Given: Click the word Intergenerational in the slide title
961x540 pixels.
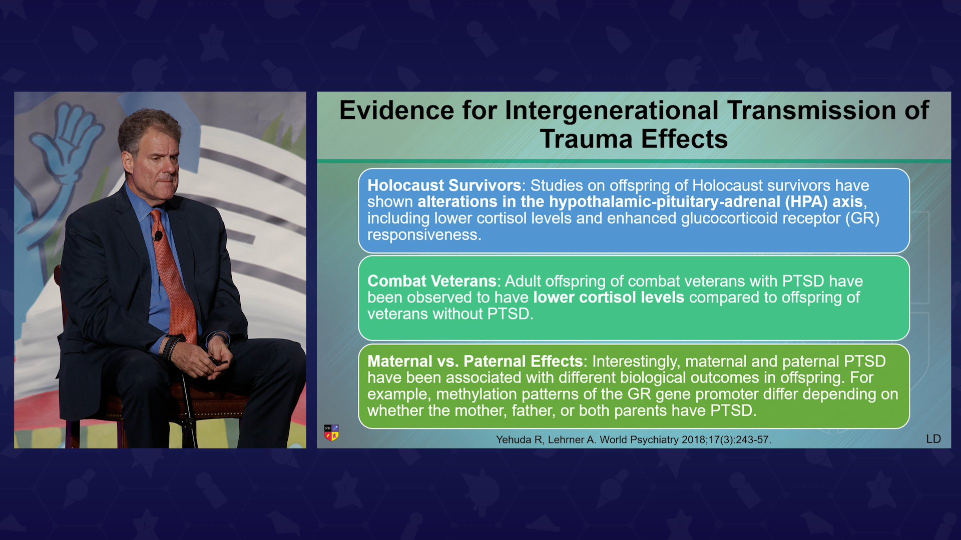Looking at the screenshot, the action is coord(612,110).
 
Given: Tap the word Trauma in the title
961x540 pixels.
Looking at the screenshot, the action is coord(586,139).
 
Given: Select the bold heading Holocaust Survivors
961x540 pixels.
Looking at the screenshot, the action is coord(444,185).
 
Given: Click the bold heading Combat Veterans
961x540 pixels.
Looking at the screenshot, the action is coord(432,281).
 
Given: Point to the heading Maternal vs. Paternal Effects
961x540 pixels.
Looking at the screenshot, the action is coord(475,361).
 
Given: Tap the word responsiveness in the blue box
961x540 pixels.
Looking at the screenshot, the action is coord(424,235).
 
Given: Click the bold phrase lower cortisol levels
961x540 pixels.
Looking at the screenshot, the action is coord(609,297).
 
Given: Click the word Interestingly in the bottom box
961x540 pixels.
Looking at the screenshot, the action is coord(636,361).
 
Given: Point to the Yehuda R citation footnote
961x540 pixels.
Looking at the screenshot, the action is coord(634,439).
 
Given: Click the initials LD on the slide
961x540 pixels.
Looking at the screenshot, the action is coord(933,439).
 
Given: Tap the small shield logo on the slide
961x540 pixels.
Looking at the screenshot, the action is coord(331,432).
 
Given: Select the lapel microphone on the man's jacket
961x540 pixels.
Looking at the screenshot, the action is coord(158,235).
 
